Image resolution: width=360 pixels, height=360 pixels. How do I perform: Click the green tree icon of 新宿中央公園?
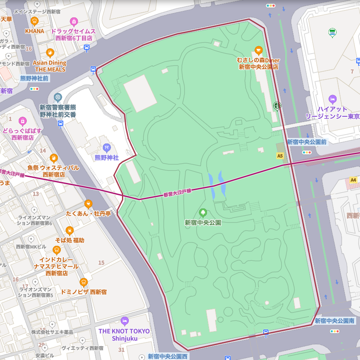tap(203, 212)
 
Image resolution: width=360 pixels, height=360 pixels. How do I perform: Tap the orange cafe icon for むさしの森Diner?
tap(258, 50)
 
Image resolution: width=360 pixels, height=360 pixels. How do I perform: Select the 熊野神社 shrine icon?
tap(107, 148)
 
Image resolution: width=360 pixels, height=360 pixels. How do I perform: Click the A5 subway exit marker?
tap(280, 156)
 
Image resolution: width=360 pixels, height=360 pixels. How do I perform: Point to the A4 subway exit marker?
tap(353, 180)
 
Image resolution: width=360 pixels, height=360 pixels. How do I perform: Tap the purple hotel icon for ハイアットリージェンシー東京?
tap(333, 98)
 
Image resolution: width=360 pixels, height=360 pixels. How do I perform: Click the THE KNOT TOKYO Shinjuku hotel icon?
tap(124, 321)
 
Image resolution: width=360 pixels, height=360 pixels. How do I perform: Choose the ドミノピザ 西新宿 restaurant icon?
tap(83, 282)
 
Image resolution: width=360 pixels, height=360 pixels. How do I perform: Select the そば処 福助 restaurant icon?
tap(70, 231)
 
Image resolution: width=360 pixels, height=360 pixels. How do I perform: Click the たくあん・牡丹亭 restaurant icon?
tap(88, 204)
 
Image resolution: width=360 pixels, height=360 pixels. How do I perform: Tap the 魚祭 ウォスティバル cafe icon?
tap(54, 158)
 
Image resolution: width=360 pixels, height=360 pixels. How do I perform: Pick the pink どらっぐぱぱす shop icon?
tap(23, 121)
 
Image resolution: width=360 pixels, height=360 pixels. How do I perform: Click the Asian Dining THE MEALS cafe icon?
tap(50, 53)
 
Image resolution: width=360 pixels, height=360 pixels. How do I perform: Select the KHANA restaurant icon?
tap(35, 21)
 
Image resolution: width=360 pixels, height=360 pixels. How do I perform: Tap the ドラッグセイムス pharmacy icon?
tap(74, 21)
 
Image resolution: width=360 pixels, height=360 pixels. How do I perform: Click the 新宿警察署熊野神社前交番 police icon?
tap(58, 98)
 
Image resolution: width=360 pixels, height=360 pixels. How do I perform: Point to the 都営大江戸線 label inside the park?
tap(178, 192)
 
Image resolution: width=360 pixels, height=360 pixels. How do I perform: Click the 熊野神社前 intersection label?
tap(34, 79)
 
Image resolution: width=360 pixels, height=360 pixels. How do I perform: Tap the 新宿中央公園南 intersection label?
tap(334, 321)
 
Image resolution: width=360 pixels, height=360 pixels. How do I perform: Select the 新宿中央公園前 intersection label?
tap(306, 142)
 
